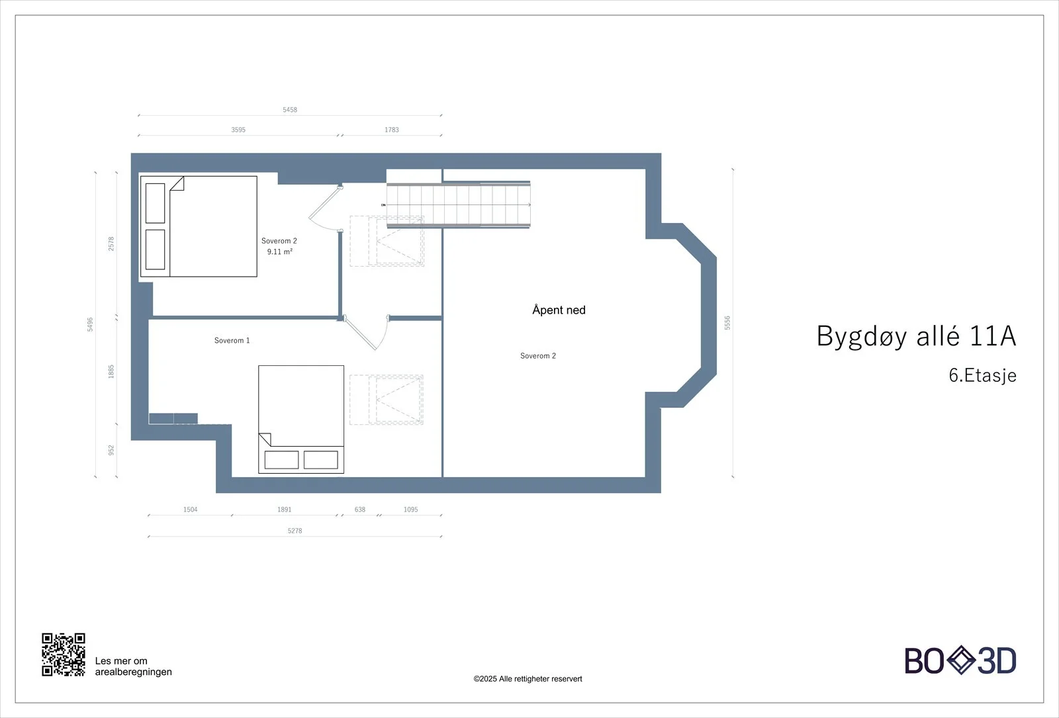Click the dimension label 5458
pos(290,110)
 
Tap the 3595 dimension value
pos(238,130)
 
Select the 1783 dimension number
pos(391,130)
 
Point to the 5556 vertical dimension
pos(727,323)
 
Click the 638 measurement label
pos(360,510)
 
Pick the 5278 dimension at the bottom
pos(295,531)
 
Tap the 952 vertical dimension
pos(111,450)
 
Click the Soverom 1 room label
pos(232,340)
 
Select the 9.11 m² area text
pos(279,251)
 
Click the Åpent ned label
pos(559,310)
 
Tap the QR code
pos(64,654)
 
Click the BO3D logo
pos(960,660)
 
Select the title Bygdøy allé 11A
pos(916,336)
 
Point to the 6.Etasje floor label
pos(982,375)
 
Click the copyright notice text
pos(528,679)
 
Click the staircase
pos(458,204)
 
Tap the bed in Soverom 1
pos(300,420)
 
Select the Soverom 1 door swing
pos(367,333)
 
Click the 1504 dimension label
pos(190,510)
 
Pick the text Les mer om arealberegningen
pos(133,666)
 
